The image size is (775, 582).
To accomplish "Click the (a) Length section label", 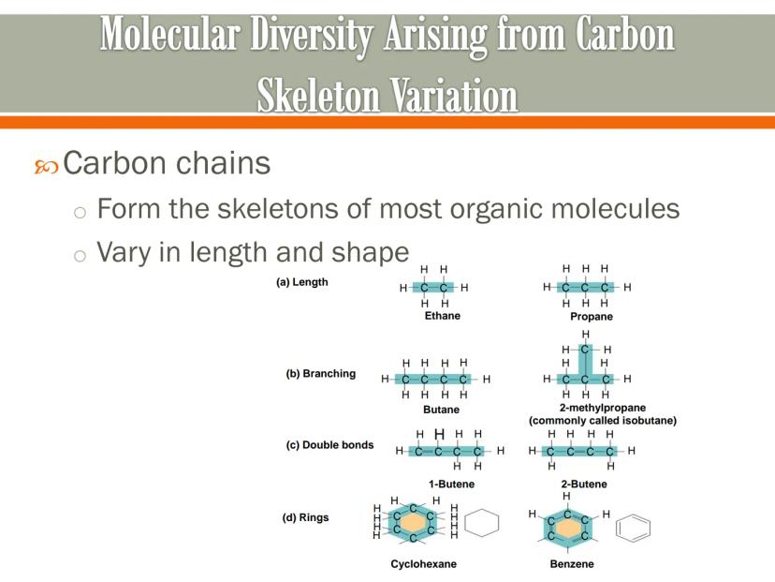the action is [302, 282].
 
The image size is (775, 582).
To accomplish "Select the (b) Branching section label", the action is [320, 374].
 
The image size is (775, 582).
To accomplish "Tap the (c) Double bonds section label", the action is [329, 445].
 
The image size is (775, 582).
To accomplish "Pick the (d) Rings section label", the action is [305, 517].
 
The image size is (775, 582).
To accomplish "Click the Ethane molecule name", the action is [443, 316].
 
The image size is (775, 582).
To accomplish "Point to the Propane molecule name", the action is [592, 317].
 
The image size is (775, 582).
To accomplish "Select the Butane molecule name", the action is [442, 410].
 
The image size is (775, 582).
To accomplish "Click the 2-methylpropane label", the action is [603, 408].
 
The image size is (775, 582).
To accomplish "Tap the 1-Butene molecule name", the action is [451, 484].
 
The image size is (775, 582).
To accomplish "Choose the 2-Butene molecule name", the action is [584, 484].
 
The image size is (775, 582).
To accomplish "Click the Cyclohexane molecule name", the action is [424, 564].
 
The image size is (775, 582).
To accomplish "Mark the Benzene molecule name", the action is [572, 564].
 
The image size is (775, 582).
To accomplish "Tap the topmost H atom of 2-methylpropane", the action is [586, 334].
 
